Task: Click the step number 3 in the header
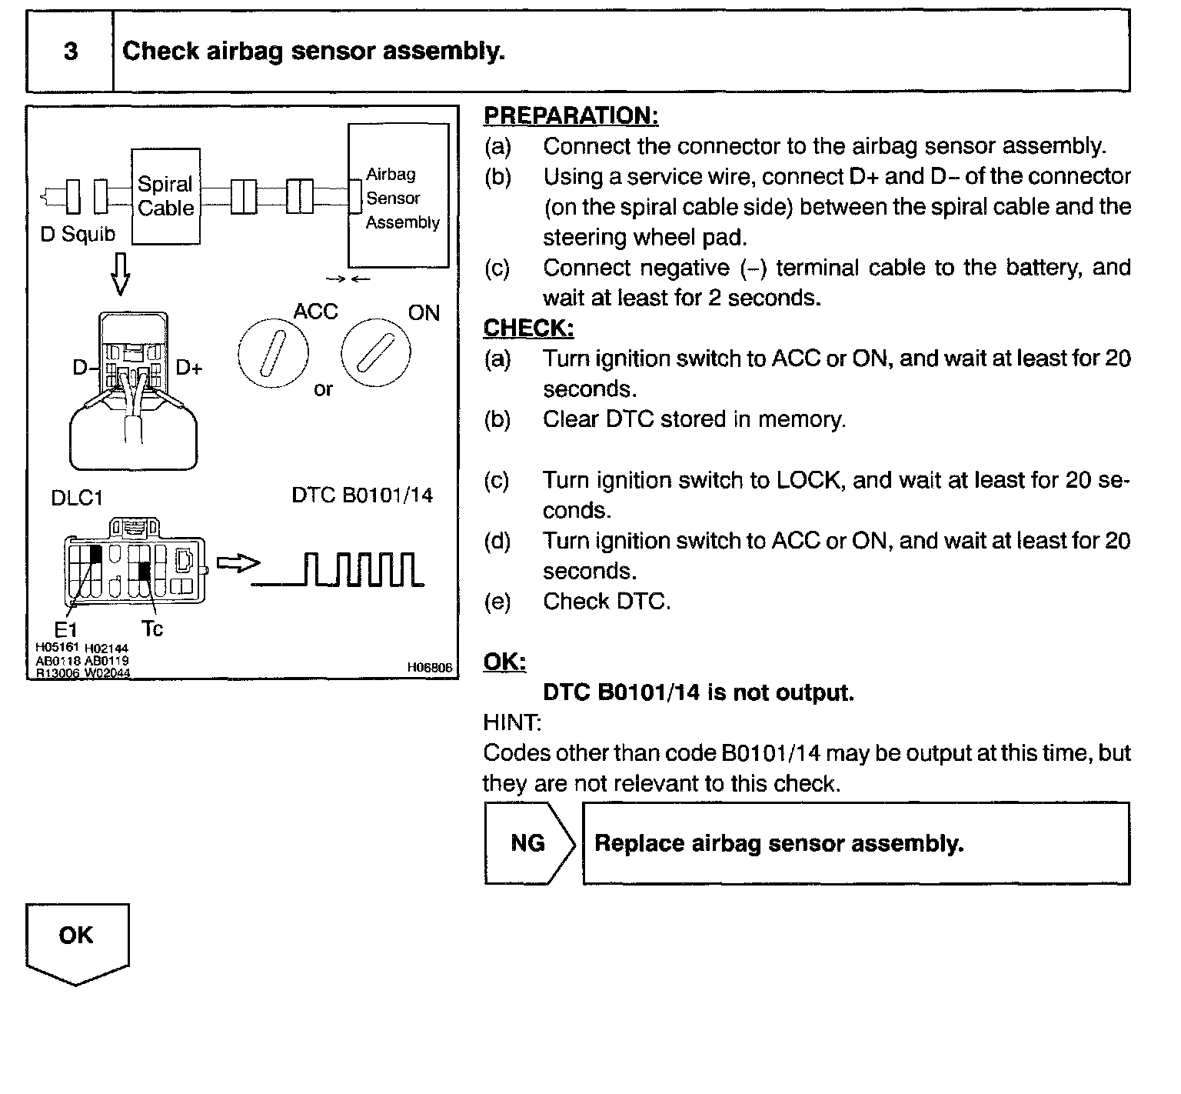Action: (x=71, y=52)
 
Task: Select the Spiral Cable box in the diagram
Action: (x=165, y=195)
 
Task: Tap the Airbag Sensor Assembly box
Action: (x=398, y=197)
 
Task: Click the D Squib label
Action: (x=77, y=235)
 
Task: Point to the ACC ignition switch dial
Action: (x=273, y=354)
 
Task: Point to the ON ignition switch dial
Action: (x=376, y=353)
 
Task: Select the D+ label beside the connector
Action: (x=189, y=368)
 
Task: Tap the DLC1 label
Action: (x=77, y=498)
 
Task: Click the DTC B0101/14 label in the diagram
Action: (x=362, y=495)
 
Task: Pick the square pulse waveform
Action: (x=338, y=570)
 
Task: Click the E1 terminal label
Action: (x=67, y=629)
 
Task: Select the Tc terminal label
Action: (x=152, y=629)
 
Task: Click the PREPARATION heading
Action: (x=571, y=116)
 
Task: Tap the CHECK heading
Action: (x=528, y=329)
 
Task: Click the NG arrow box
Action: (x=529, y=843)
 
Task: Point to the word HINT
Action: (x=511, y=722)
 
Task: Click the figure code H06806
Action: (x=430, y=668)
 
